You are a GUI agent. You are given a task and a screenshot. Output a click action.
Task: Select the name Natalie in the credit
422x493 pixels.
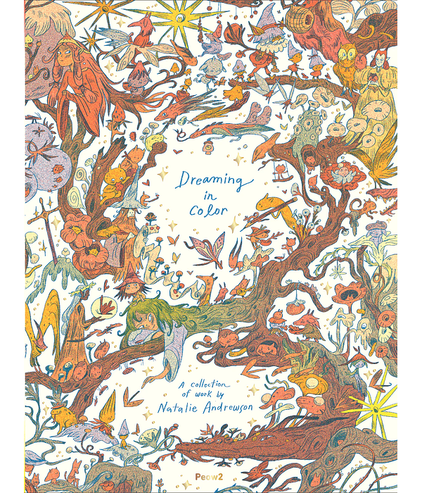click(x=196, y=408)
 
